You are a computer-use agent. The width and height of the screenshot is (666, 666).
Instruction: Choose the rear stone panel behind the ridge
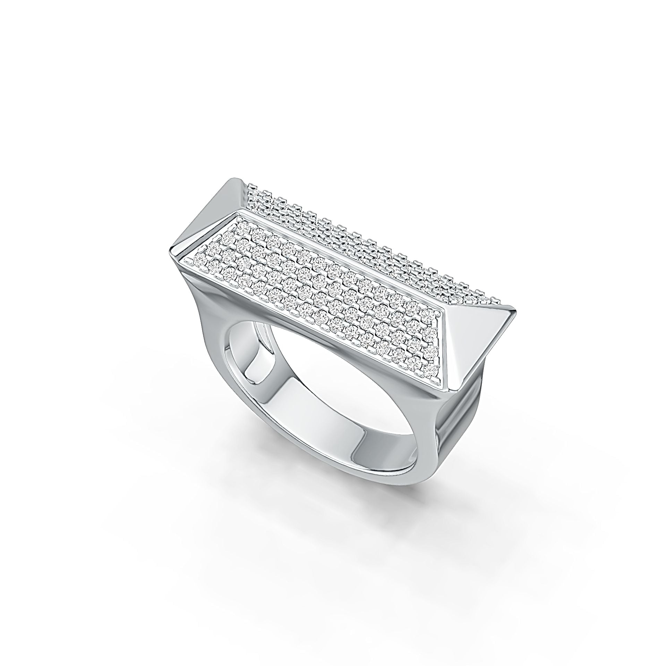[x=364, y=243]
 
